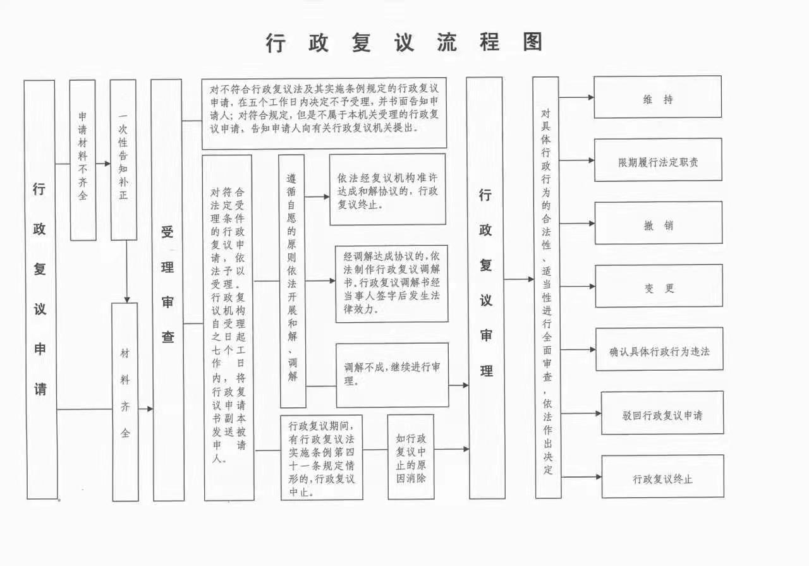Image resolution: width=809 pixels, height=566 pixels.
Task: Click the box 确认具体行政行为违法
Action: pyautogui.click(x=659, y=349)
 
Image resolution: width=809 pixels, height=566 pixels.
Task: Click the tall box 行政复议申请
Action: pyautogui.click(x=40, y=289)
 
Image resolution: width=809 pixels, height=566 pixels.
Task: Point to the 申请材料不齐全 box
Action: pyautogui.click(x=83, y=160)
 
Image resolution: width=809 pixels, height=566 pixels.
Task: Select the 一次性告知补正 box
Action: pyautogui.click(x=123, y=160)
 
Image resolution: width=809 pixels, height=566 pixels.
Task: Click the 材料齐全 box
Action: pyautogui.click(x=125, y=402)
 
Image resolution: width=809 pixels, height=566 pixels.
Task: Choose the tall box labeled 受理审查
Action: pyautogui.click(x=167, y=289)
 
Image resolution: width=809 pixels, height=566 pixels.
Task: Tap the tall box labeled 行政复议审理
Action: pyautogui.click(x=485, y=287)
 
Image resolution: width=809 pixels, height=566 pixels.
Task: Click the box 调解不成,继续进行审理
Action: pyautogui.click(x=392, y=375)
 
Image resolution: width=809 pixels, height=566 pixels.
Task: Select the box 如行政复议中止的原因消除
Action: pyautogui.click(x=411, y=457)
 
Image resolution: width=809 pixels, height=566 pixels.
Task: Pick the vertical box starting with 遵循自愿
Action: pyautogui.click(x=292, y=281)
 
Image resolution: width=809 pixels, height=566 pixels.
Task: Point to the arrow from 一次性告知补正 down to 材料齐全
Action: pyautogui.click(x=127, y=272)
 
